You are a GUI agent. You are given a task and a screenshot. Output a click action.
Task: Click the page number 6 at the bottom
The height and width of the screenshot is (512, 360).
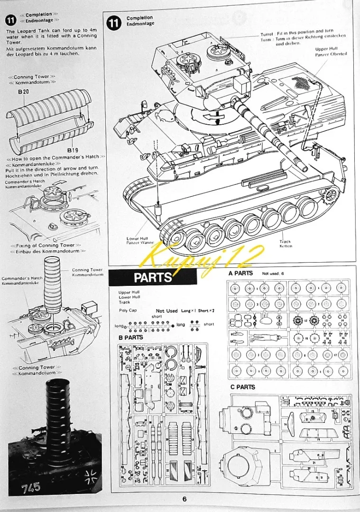point(184,498)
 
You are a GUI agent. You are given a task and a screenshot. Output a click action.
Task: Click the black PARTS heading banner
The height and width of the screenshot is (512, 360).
point(152,277)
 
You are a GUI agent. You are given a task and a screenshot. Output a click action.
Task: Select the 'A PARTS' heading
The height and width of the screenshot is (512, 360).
point(240,274)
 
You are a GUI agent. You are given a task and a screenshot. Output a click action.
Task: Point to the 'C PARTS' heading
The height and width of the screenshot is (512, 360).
point(242,387)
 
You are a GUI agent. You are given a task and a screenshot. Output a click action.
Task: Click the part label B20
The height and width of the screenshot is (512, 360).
point(24,91)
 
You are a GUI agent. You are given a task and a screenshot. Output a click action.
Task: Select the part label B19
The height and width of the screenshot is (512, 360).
point(73,150)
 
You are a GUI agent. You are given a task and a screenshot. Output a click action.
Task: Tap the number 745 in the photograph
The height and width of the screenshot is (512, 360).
point(31,487)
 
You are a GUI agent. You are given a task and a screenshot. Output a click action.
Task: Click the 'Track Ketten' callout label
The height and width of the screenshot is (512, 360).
point(286,244)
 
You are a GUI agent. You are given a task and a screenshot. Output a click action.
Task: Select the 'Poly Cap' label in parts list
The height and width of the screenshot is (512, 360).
point(128,311)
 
